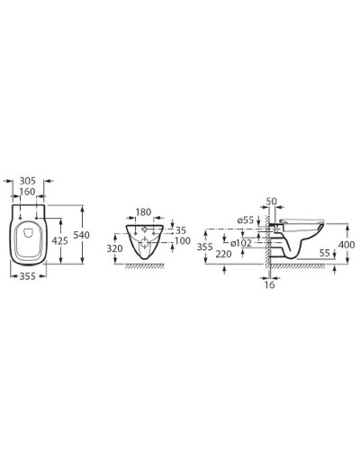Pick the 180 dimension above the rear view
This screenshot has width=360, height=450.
coord(143,213)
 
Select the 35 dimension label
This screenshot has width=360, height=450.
coord(180,230)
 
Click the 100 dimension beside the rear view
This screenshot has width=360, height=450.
coord(183,241)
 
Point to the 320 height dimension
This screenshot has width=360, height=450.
coord(114,249)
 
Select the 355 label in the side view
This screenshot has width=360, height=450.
coord(205,246)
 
